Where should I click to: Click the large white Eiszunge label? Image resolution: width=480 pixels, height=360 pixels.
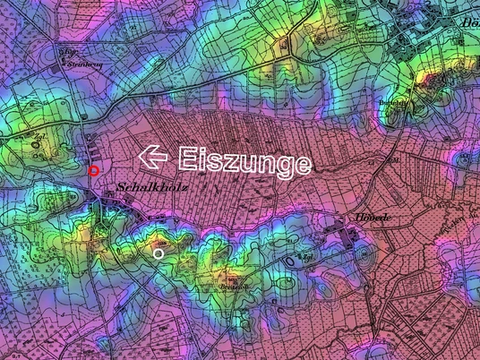pyautogui.click(x=244, y=161)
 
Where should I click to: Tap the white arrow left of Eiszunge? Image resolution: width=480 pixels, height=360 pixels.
pyautogui.click(x=153, y=157)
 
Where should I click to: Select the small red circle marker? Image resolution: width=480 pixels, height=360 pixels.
pyautogui.click(x=94, y=170)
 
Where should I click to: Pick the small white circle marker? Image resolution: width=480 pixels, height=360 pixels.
pyautogui.click(x=159, y=254)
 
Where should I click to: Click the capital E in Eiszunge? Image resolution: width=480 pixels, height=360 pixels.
pyautogui.click(x=186, y=159)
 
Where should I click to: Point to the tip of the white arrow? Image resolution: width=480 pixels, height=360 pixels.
pyautogui.click(x=141, y=157)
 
